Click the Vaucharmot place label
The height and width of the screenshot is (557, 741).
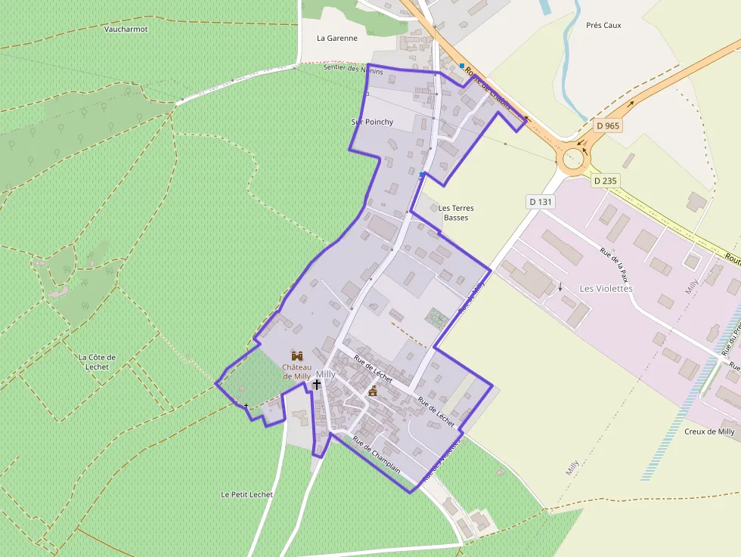tap(126, 29)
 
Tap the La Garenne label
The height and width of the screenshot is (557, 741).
tap(336, 38)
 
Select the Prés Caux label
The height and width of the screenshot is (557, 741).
tap(603, 25)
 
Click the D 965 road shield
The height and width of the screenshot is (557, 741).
tap(607, 125)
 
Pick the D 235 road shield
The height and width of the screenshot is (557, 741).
tap(606, 181)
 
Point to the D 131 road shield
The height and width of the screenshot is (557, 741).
tap(541, 202)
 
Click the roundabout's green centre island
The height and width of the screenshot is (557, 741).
tap(573, 158)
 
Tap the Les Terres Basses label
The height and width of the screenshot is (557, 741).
tap(456, 212)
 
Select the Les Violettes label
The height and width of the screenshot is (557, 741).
tap(606, 288)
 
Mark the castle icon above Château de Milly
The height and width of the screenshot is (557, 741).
tap(297, 355)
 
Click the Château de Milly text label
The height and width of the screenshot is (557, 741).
tap(296, 371)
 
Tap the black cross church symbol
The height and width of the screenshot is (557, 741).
tap(316, 385)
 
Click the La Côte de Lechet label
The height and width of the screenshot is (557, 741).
tap(98, 362)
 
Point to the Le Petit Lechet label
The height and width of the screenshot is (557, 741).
tap(246, 494)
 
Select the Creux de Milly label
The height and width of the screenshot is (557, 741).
tap(709, 432)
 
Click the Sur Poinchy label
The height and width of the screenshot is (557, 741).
tap(372, 122)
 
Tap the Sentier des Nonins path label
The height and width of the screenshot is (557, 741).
tap(352, 69)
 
